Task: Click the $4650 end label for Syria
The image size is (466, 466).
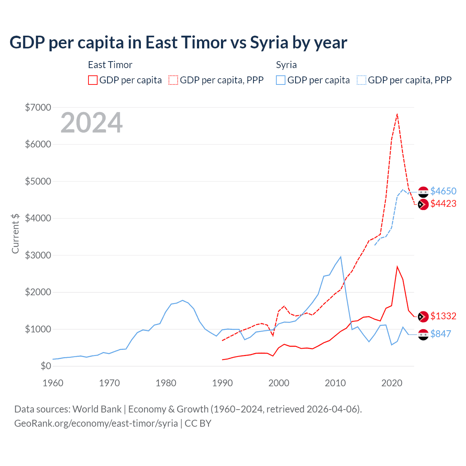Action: coord(443,191)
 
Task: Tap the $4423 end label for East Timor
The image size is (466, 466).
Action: coord(443,204)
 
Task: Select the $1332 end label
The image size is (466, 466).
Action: coord(443,316)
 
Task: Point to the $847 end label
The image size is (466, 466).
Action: coord(441,334)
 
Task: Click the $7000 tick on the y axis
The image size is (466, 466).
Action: coord(38,107)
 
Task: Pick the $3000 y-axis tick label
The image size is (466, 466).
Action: coord(38,255)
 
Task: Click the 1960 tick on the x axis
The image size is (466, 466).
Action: coord(53,383)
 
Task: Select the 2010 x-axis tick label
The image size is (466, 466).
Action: coord(335,383)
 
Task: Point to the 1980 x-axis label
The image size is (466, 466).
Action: coord(166,383)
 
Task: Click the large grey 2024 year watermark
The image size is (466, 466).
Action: coord(91,123)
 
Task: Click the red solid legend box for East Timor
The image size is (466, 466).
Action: coord(93,80)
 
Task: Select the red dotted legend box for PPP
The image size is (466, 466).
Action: coord(173,80)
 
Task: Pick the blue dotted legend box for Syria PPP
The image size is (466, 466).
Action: coord(362,80)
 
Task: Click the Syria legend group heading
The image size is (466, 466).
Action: coord(286,65)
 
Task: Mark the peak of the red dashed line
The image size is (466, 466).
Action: coord(397,114)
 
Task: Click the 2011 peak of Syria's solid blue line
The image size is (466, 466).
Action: coord(341,257)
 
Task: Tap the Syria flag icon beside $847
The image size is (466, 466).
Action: coord(423,334)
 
